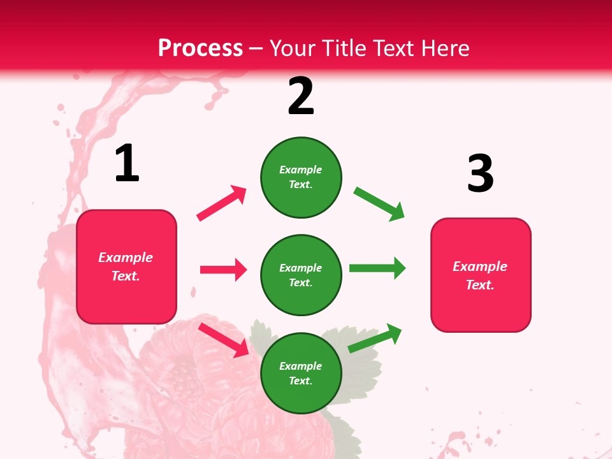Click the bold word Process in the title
[x=200, y=48]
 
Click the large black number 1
[x=127, y=163]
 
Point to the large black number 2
[x=301, y=96]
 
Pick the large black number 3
[x=480, y=173]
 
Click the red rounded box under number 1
[x=126, y=266]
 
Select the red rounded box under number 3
[x=481, y=275]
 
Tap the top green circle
[x=301, y=177]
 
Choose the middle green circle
[x=301, y=275]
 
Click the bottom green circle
[x=301, y=373]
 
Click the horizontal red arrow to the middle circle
[x=223, y=270]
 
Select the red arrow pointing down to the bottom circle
[x=224, y=340]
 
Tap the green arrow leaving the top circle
[x=379, y=204]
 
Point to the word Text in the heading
[x=388, y=48]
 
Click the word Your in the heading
[x=293, y=48]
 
